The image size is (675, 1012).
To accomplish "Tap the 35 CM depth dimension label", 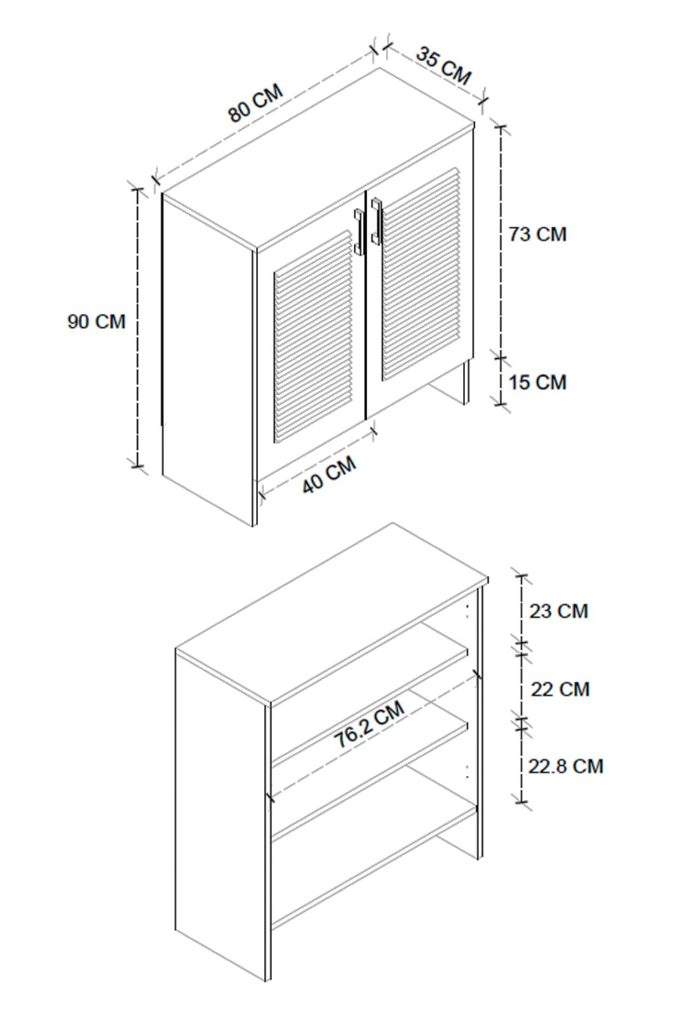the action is [444, 66].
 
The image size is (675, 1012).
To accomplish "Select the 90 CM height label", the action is [96, 322].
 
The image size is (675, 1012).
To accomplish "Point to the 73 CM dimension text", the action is [538, 234].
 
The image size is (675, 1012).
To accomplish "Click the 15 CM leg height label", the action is [538, 382].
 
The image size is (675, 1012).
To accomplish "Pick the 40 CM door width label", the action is [330, 475].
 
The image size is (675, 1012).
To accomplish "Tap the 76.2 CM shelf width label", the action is [370, 724].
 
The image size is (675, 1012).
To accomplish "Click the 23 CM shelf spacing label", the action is [559, 611].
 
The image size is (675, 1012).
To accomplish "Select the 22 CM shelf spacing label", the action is [560, 689].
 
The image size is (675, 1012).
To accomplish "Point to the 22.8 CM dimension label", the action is [565, 766].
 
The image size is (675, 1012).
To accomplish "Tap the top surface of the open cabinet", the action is [332, 613].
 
